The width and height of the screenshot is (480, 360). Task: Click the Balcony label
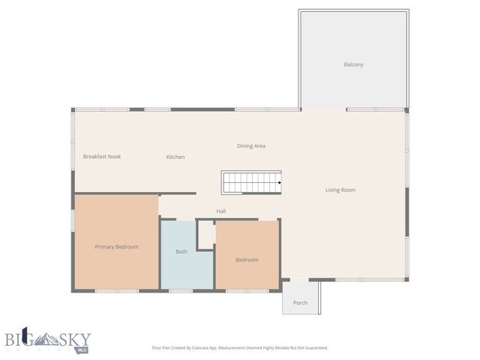tap(353, 64)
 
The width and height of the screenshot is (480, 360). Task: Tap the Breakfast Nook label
tap(102, 156)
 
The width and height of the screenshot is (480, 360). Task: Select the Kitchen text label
tap(175, 157)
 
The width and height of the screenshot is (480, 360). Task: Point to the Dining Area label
tap(251, 145)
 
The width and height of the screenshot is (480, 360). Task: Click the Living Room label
tap(340, 190)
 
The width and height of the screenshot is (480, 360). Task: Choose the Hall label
tap(221, 211)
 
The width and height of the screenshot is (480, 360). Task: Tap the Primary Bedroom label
tap(116, 247)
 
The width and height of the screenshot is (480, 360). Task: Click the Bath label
tap(181, 251)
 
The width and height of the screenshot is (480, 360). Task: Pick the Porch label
tap(300, 303)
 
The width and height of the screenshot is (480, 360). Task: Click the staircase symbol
tap(250, 182)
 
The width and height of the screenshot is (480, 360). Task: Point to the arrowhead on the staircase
tap(279, 182)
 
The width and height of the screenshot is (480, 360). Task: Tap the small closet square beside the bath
tap(205, 234)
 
